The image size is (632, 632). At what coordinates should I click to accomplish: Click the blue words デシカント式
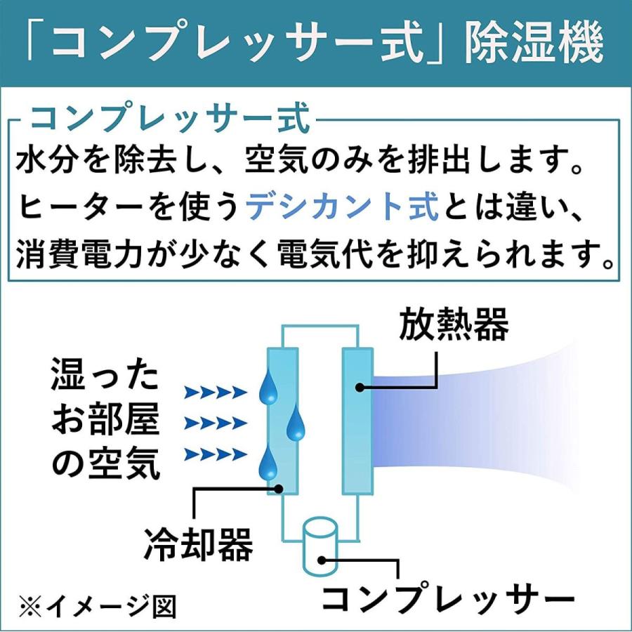click(x=344, y=209)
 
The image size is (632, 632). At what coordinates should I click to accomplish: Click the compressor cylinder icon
click(x=320, y=545)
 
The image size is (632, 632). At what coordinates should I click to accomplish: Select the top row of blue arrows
click(x=215, y=392)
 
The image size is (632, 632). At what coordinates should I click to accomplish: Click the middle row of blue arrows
click(x=215, y=423)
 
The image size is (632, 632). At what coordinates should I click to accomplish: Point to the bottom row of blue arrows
click(x=215, y=455)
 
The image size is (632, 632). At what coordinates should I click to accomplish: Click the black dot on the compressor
click(x=322, y=560)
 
